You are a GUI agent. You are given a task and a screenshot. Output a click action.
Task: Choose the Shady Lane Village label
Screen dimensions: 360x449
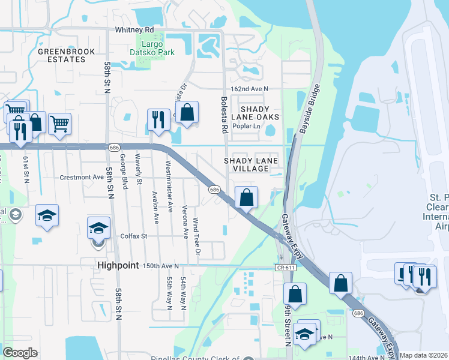click(246, 164)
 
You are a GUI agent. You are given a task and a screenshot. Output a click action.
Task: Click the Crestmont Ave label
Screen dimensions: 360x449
click(82, 178)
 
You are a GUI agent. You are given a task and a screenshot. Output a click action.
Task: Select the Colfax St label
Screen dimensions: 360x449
click(134, 236)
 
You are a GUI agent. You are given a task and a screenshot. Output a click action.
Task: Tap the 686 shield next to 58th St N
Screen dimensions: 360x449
click(113, 148)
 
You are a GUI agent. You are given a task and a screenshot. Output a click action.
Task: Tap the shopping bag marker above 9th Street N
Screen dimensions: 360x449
click(295, 294)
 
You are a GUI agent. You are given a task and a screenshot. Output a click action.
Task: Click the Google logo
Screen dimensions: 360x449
click(20, 353)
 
